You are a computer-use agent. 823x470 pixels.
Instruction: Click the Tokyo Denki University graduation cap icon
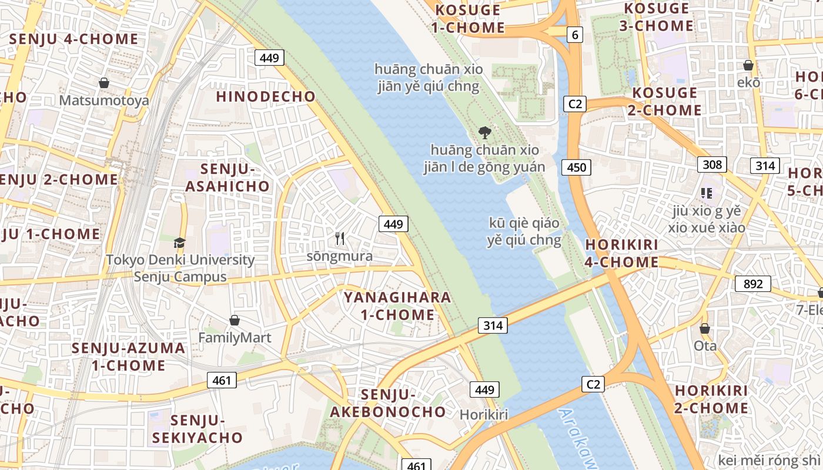(x=179, y=243)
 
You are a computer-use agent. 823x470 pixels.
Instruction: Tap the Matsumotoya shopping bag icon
(x=104, y=83)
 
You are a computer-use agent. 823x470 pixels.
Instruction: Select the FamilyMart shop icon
(x=235, y=320)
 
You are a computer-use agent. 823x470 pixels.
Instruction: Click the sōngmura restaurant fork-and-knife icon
(x=340, y=239)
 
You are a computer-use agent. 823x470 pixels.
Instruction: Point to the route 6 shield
(x=575, y=35)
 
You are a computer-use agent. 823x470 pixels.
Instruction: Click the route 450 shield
(x=576, y=167)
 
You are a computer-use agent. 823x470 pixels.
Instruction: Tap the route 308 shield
(x=712, y=164)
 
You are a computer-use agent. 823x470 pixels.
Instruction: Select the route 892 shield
(x=752, y=284)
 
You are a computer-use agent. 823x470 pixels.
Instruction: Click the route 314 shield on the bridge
(x=492, y=325)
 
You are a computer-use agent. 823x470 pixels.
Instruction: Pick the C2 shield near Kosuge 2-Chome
(x=575, y=104)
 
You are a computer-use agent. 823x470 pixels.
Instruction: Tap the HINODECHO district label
(x=266, y=97)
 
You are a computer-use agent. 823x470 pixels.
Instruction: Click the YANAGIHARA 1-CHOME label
(x=397, y=306)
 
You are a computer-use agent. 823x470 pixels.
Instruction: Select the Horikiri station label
(x=483, y=415)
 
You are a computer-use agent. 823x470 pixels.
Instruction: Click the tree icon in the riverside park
(x=484, y=132)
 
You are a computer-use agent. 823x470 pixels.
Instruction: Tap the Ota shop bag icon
(x=704, y=328)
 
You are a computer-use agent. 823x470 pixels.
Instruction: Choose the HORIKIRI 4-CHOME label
(x=621, y=253)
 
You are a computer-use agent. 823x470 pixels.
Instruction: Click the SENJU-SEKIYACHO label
(x=198, y=429)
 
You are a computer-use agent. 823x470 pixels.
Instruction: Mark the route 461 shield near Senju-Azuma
(x=222, y=380)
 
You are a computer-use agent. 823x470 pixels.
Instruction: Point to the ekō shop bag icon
(x=748, y=65)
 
